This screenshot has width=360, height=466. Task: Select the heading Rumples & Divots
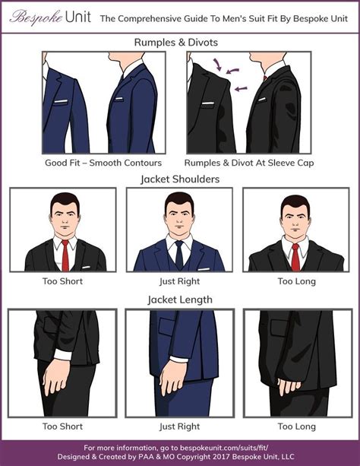point(180,42)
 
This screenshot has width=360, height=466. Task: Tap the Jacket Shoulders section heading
point(180,179)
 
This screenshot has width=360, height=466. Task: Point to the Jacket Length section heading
point(180,300)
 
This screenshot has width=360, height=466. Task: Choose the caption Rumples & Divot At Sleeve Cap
point(249,163)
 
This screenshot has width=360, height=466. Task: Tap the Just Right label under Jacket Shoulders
point(179,281)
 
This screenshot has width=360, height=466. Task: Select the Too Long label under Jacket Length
point(296,426)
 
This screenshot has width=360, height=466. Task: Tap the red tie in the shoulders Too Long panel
point(295,255)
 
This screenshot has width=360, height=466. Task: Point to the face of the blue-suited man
point(179,215)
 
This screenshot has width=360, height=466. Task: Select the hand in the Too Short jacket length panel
point(57,377)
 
